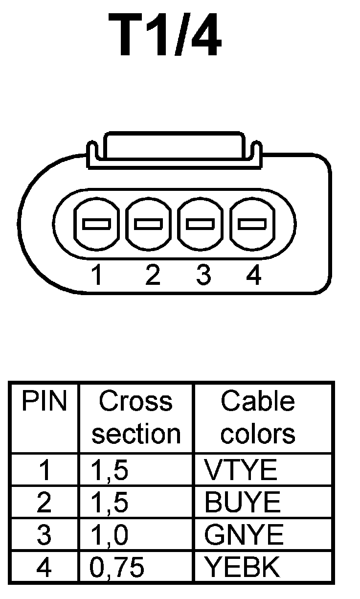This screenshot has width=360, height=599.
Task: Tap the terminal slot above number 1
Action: click(96, 224)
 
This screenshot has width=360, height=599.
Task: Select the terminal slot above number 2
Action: click(149, 224)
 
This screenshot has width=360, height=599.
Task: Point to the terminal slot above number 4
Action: click(252, 224)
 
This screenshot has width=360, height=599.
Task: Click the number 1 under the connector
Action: click(97, 276)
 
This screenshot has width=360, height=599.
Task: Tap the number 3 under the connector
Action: click(202, 276)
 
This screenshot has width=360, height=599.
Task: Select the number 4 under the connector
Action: click(254, 276)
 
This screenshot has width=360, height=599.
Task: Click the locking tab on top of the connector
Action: click(175, 145)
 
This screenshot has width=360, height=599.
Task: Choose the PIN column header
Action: click(44, 402)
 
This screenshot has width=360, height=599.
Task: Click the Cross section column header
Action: click(136, 417)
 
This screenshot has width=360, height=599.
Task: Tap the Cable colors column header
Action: click(258, 417)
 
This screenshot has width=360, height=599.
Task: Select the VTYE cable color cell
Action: click(241, 470)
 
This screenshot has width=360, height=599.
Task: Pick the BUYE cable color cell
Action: click(243, 503)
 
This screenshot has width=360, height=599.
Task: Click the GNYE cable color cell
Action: click(244, 535)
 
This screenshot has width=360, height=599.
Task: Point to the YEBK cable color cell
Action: click(242, 567)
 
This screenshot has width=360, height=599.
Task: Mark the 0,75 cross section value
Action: click(117, 567)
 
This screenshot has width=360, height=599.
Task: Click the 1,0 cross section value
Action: click(110, 535)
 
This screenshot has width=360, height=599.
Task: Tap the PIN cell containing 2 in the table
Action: click(44, 503)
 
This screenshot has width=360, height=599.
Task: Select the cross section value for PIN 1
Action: click(110, 470)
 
